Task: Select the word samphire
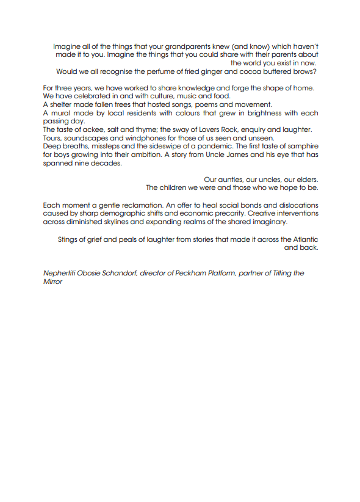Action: pos(300,147)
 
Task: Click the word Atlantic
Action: pos(303,239)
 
